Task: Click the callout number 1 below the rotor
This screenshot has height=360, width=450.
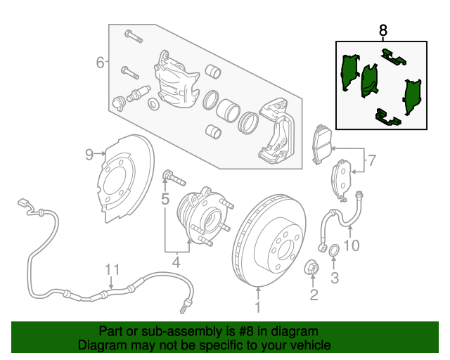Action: coord(257,307)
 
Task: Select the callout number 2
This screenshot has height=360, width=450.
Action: coord(314,294)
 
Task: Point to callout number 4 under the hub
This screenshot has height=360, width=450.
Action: coord(176,263)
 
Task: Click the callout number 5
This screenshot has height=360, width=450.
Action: coord(165,200)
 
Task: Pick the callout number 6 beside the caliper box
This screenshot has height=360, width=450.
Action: coord(101,63)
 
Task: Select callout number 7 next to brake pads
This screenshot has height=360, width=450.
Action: coord(372,160)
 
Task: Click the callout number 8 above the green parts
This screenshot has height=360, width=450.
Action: coord(383,30)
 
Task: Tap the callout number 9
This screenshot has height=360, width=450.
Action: coord(89,155)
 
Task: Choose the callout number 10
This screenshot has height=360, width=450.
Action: coord(352,245)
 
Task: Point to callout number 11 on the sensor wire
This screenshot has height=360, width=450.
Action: coord(112,269)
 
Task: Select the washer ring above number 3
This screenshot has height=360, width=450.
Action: coord(335,250)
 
